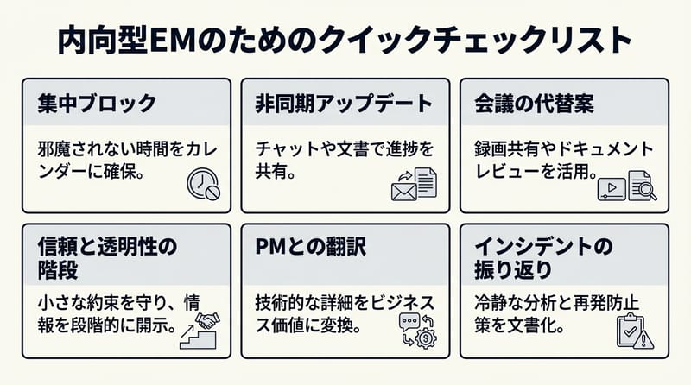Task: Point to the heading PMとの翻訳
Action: pos(312,247)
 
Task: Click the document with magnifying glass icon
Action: pos(642,185)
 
